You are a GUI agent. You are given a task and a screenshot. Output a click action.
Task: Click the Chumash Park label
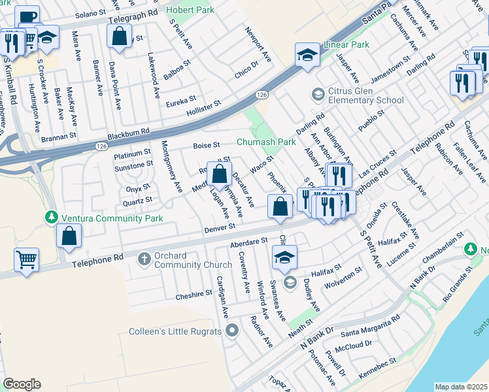pos(266,142)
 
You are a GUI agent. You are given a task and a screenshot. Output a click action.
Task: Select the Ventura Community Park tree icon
pos(51,217)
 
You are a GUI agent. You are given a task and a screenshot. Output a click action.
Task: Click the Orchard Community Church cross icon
pos(144,259)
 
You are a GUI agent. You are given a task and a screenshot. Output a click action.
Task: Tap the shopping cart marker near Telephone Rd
pos(26,259)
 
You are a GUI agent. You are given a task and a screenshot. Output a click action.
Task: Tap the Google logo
pos(22,384)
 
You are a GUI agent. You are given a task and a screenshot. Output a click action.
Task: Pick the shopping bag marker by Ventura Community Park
pos(69,237)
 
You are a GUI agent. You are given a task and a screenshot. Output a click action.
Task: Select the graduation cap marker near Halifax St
pos(284,258)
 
